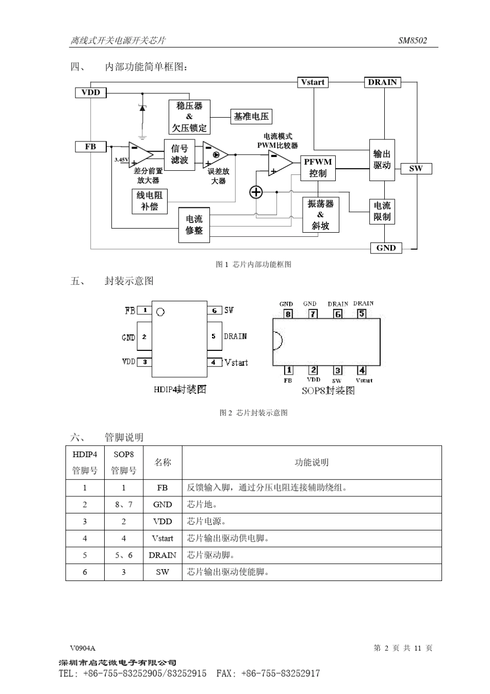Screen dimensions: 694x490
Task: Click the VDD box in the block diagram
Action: [x=91, y=92]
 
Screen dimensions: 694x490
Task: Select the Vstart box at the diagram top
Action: [x=313, y=82]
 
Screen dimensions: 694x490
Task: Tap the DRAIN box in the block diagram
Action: [x=382, y=82]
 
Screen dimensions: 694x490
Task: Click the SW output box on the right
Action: [x=416, y=168]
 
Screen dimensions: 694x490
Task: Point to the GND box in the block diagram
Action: [x=386, y=248]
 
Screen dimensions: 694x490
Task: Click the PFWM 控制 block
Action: [x=318, y=168]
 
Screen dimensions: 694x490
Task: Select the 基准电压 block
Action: [x=251, y=117]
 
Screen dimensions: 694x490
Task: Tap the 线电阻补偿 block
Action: [x=150, y=201]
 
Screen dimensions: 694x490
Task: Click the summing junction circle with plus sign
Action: [x=256, y=192]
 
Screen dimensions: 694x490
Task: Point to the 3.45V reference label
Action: [x=121, y=160]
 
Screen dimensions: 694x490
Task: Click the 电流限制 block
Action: [x=382, y=212]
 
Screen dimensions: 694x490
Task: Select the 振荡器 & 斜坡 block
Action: [x=320, y=215]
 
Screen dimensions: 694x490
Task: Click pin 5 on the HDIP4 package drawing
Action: [x=214, y=336]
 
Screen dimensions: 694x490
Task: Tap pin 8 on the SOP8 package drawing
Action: [x=288, y=314]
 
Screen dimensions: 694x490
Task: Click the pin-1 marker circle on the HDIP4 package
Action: [x=160, y=312]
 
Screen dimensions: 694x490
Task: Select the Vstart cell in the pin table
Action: [x=162, y=538]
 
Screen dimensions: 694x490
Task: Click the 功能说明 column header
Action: [x=312, y=462]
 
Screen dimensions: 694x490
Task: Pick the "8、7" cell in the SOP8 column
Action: [x=124, y=505]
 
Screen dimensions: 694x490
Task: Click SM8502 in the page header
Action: [x=413, y=40]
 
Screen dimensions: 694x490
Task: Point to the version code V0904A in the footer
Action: [x=83, y=648]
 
